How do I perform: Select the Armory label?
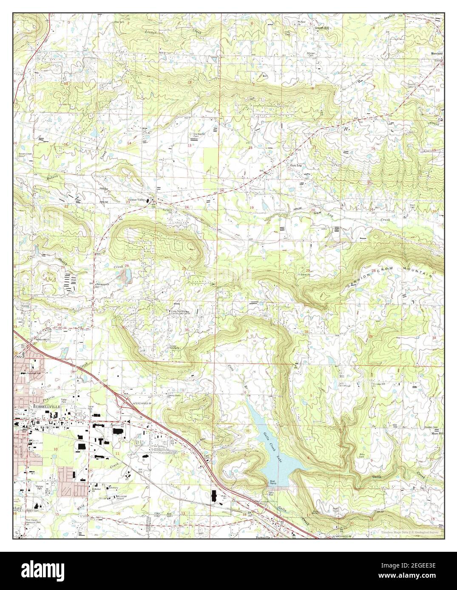tap(113, 488)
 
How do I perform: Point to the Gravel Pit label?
tap(305, 275)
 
